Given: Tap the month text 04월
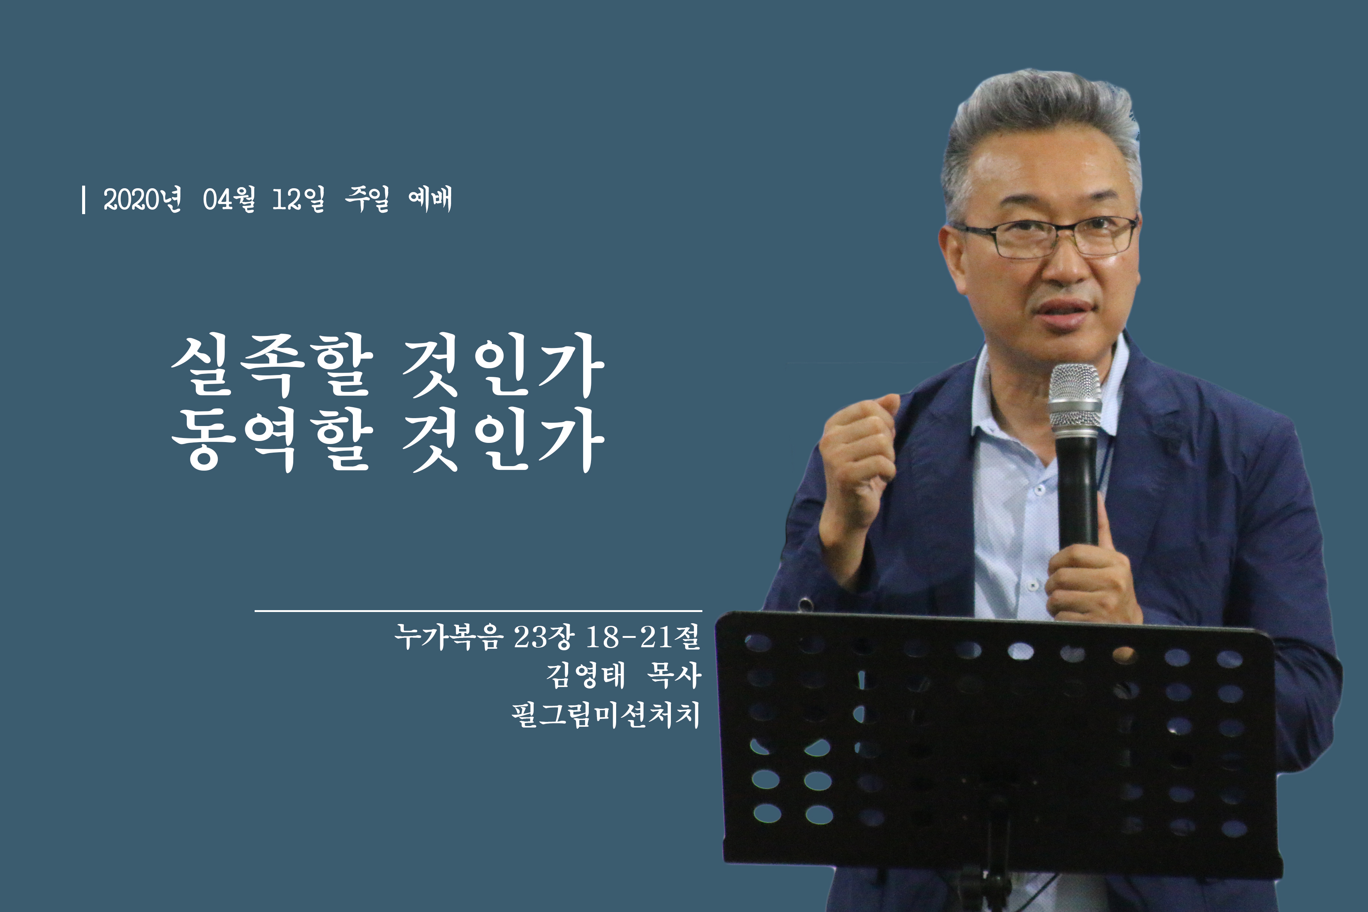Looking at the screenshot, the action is coord(229,199).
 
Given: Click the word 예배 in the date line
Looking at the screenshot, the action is coord(430,199).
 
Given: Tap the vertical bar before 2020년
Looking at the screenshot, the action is coord(84,199).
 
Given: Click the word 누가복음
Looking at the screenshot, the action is coord(448,636).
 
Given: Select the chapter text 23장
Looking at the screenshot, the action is coord(544,636).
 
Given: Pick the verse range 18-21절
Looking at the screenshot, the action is coord(643,636).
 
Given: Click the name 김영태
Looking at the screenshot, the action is coord(586,675).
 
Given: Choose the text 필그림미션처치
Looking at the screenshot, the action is coord(606,715).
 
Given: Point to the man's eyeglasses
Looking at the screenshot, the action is coord(1045,237).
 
